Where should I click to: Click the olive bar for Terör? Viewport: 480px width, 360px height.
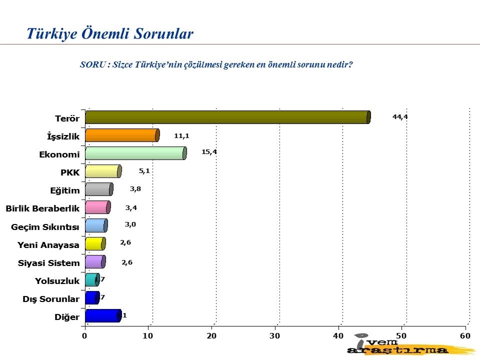coord(227,117)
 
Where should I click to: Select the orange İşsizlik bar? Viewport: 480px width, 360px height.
coord(122,135)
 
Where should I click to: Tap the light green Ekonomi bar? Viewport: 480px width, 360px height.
coord(135,153)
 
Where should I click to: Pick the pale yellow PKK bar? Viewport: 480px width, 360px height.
coord(103,171)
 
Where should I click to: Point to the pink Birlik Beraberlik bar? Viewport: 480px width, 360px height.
coord(97,207)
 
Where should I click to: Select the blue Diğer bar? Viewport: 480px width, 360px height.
coord(102,315)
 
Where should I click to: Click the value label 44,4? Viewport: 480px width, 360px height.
coord(400,116)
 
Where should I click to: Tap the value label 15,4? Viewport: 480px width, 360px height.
coord(209,152)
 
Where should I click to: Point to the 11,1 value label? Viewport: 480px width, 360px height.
coord(182,135)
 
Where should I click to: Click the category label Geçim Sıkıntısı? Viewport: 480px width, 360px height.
coord(45,227)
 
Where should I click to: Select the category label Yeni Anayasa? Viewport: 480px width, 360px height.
coord(48,245)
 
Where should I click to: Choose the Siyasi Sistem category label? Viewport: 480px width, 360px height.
coord(48,263)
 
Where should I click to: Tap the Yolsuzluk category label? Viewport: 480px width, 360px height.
coord(57,281)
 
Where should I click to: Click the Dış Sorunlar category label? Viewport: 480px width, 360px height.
coord(51,299)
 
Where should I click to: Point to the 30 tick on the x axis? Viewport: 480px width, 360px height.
coord(275,335)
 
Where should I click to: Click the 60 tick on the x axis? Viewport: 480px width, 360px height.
coord(465,335)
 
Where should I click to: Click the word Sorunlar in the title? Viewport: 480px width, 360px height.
coord(162,34)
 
